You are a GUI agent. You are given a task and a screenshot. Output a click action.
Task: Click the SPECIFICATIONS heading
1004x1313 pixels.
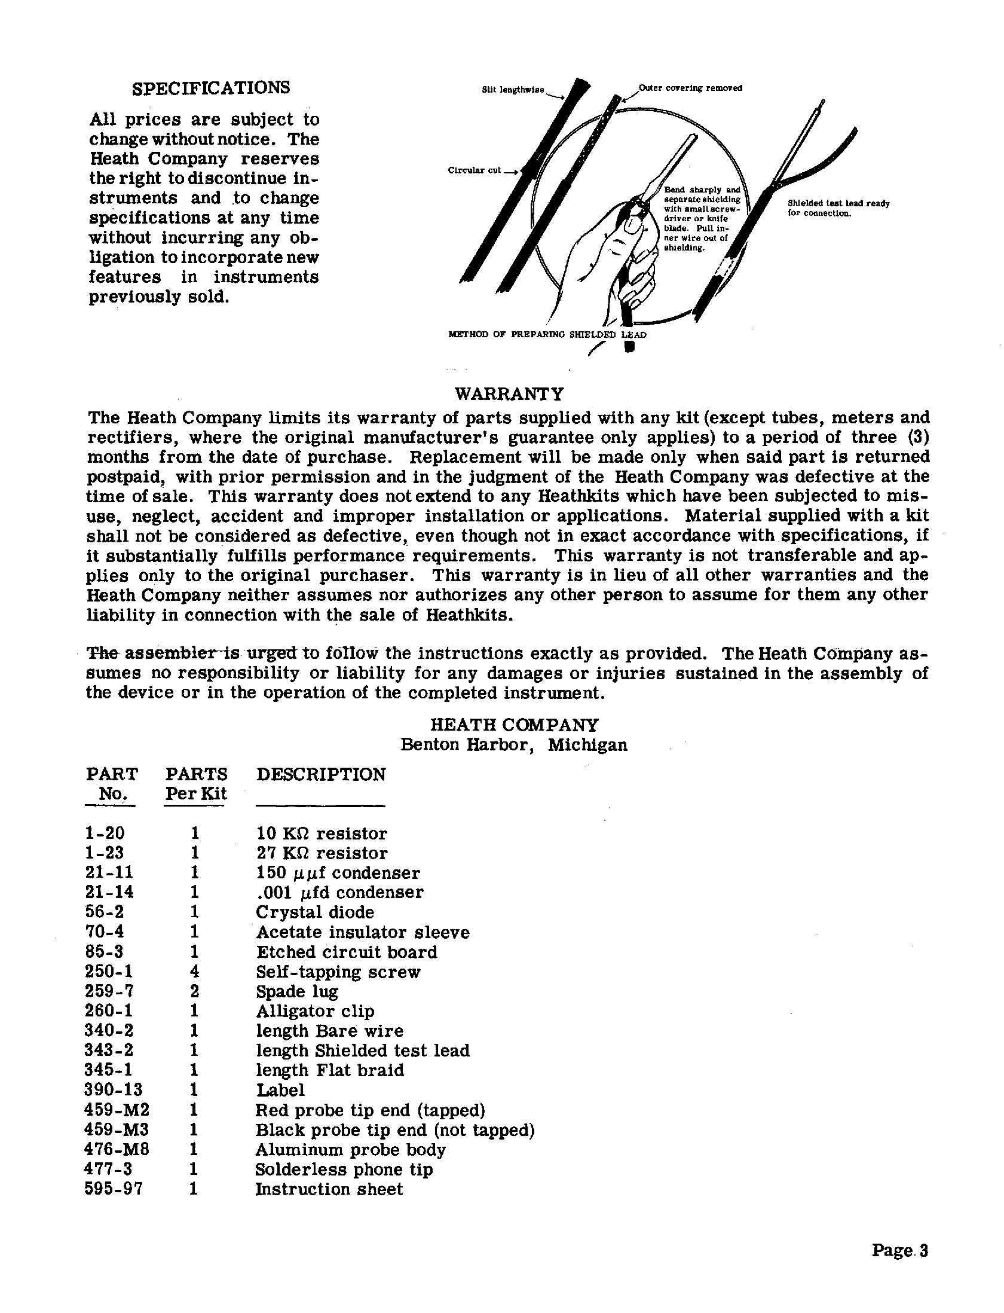click(x=210, y=88)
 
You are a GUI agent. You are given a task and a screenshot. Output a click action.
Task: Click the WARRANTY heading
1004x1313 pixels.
click(x=509, y=394)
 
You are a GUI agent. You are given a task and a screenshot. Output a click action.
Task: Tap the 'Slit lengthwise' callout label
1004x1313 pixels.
click(x=513, y=90)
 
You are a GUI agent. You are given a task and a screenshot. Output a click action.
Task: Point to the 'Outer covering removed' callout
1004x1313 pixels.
click(x=691, y=88)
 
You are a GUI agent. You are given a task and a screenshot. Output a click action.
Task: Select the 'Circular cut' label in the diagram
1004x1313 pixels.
click(x=475, y=170)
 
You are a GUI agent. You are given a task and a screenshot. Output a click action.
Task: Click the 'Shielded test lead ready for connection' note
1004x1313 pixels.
click(x=838, y=208)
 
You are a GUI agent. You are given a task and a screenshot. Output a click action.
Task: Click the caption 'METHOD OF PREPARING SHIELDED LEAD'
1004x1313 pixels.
click(x=547, y=335)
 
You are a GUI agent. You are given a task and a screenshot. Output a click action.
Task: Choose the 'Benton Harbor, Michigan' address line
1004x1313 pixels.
click(x=514, y=745)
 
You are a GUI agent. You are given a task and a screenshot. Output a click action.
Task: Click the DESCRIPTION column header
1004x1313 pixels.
click(x=321, y=774)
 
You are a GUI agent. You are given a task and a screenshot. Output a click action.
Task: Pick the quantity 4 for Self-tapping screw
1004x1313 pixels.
click(x=194, y=972)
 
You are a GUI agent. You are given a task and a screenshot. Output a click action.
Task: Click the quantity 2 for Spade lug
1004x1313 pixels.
click(x=194, y=991)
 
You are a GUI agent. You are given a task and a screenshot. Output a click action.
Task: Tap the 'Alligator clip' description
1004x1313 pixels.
click(x=315, y=1011)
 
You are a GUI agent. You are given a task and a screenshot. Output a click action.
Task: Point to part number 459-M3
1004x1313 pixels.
click(x=117, y=1130)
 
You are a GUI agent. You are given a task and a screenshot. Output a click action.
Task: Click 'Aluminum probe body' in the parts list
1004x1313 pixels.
click(x=350, y=1150)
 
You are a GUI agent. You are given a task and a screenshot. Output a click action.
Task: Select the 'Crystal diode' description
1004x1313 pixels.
click(x=315, y=912)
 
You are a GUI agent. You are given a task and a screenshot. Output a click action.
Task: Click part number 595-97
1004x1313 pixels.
click(x=114, y=1189)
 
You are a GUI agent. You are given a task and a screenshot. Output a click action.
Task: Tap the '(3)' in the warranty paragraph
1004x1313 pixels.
click(x=917, y=437)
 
